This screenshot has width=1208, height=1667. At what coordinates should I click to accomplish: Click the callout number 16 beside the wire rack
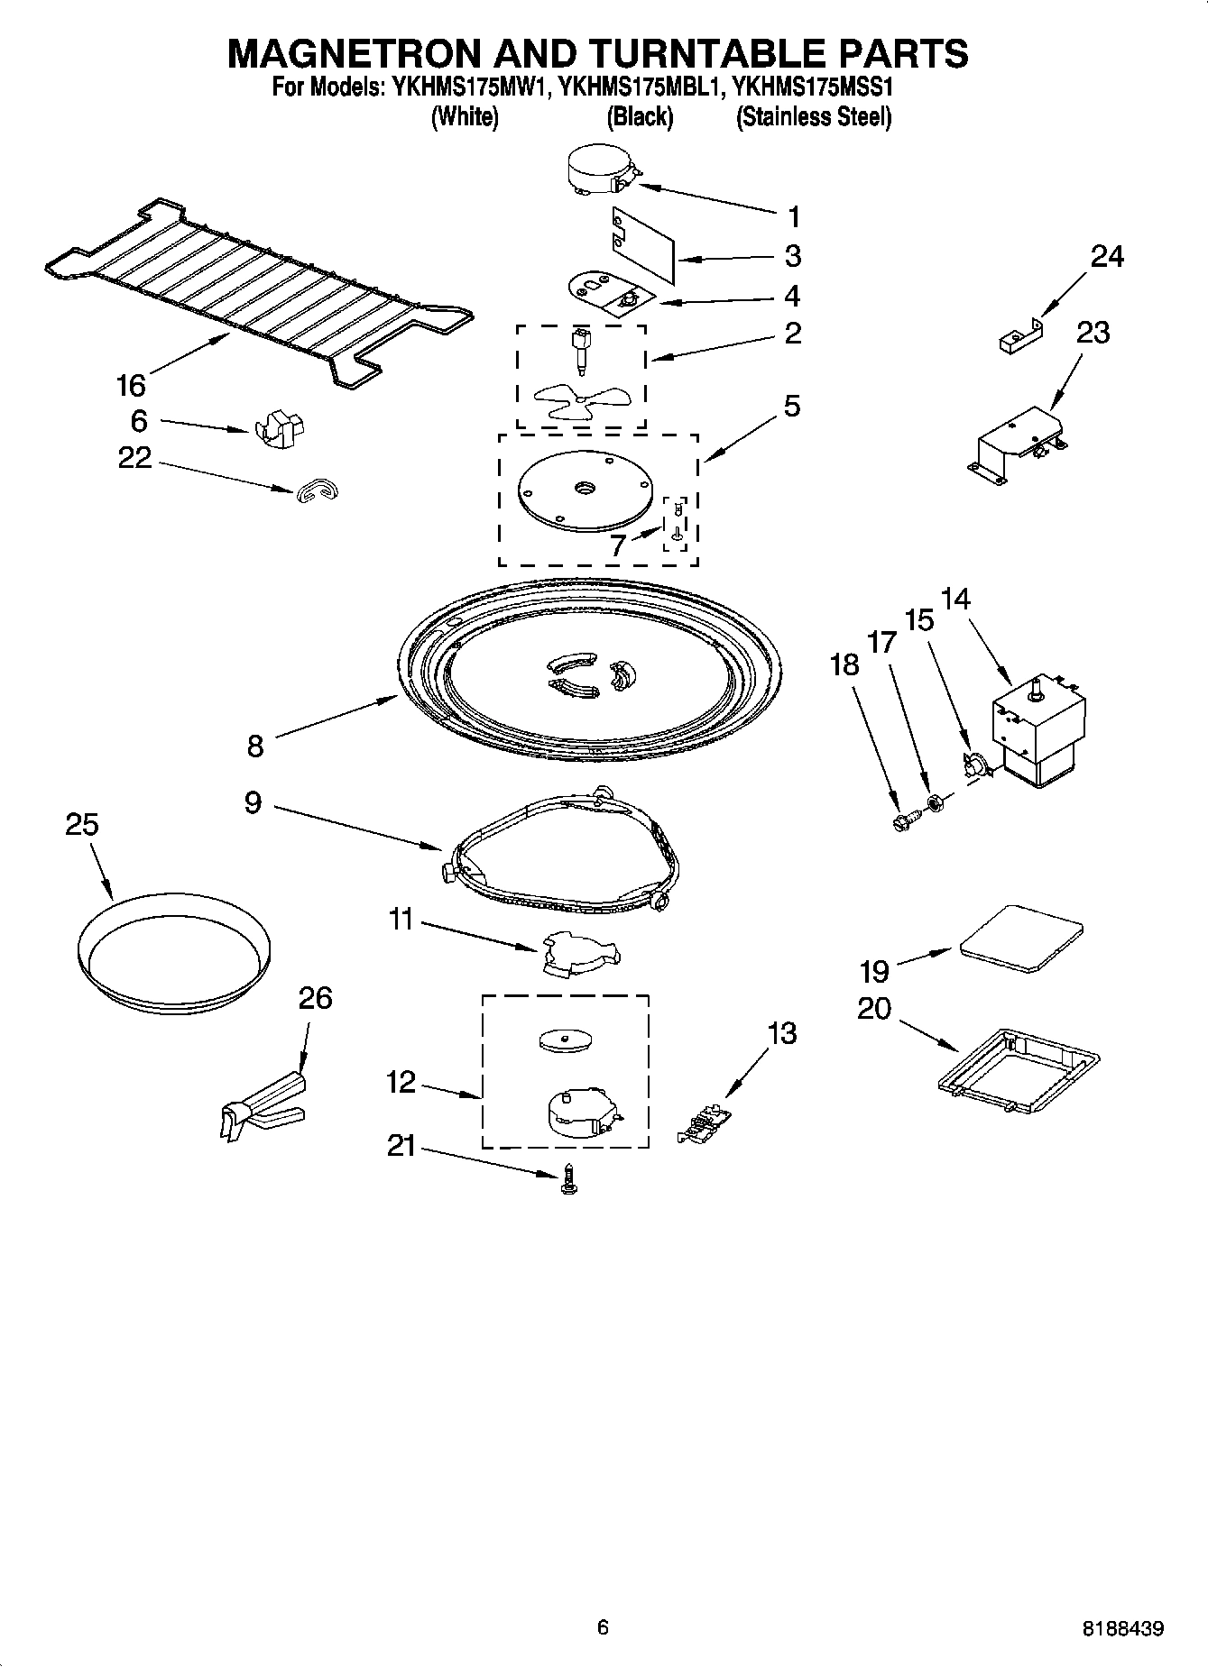pyautogui.click(x=131, y=386)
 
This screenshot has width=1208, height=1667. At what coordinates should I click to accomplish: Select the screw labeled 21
pyautogui.click(x=568, y=1179)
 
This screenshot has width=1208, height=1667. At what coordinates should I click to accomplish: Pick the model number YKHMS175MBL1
pyautogui.click(x=640, y=88)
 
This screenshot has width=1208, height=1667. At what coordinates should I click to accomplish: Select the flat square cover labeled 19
pyautogui.click(x=1021, y=938)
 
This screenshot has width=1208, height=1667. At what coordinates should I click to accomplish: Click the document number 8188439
pyautogui.click(x=1122, y=1628)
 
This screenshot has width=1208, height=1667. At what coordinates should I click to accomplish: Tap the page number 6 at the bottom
pyautogui.click(x=603, y=1626)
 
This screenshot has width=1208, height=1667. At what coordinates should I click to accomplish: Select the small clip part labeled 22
pyautogui.click(x=315, y=490)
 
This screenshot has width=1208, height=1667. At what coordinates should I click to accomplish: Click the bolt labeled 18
pyautogui.click(x=902, y=820)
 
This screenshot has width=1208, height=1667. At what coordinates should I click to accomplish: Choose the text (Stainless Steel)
pyautogui.click(x=814, y=117)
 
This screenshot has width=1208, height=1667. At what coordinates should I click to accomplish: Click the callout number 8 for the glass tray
pyautogui.click(x=255, y=746)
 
